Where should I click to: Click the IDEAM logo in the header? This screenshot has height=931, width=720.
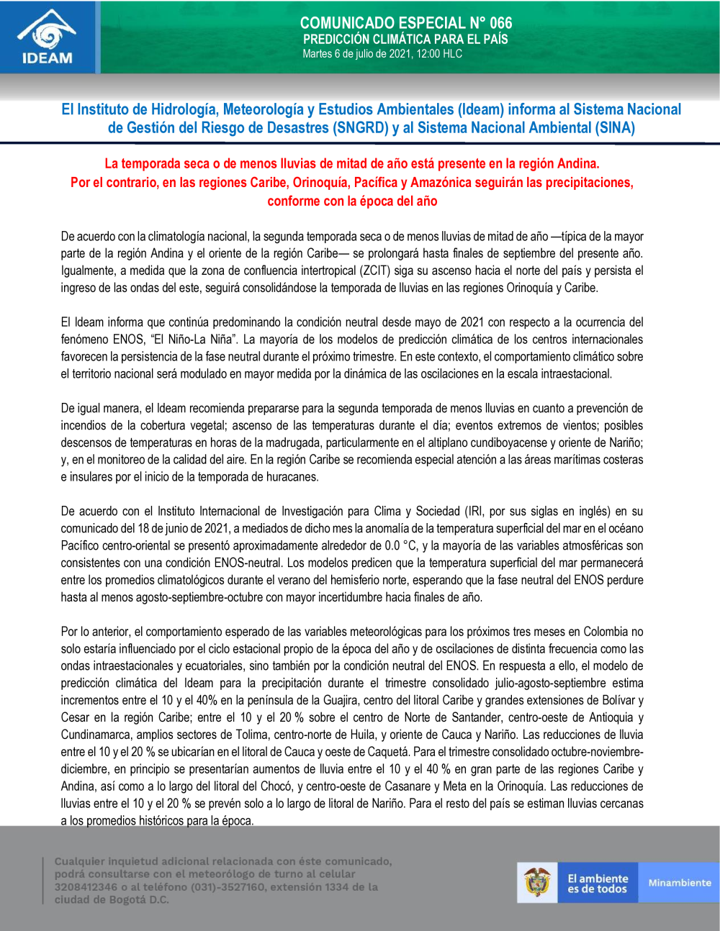click(x=48, y=37)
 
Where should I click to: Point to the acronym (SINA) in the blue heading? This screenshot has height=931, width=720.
click(x=614, y=128)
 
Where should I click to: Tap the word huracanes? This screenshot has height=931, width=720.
click(x=292, y=477)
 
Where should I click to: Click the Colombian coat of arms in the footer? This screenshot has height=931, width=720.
click(x=538, y=883)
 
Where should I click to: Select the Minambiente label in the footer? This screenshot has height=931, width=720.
click(x=679, y=883)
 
